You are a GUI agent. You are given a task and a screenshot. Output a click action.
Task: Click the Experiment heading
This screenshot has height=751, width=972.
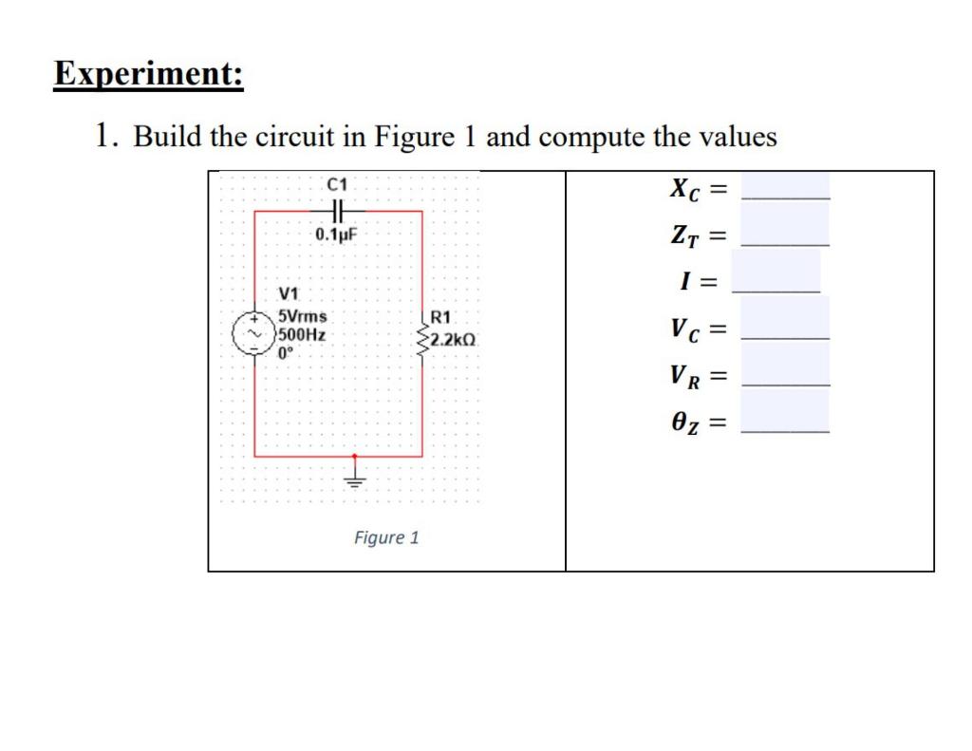pyautogui.click(x=148, y=74)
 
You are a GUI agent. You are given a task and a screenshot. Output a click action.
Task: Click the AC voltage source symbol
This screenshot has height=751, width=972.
pyautogui.click(x=253, y=335)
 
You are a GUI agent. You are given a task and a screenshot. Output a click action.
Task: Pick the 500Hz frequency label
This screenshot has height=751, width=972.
pyautogui.click(x=302, y=334)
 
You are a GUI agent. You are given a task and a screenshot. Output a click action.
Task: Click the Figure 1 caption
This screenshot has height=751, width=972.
pyautogui.click(x=385, y=538)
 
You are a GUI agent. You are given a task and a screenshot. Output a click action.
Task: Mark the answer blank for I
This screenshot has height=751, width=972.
pyautogui.click(x=776, y=280)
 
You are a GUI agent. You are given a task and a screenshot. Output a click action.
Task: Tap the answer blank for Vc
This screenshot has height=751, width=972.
pyautogui.click(x=785, y=329)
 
